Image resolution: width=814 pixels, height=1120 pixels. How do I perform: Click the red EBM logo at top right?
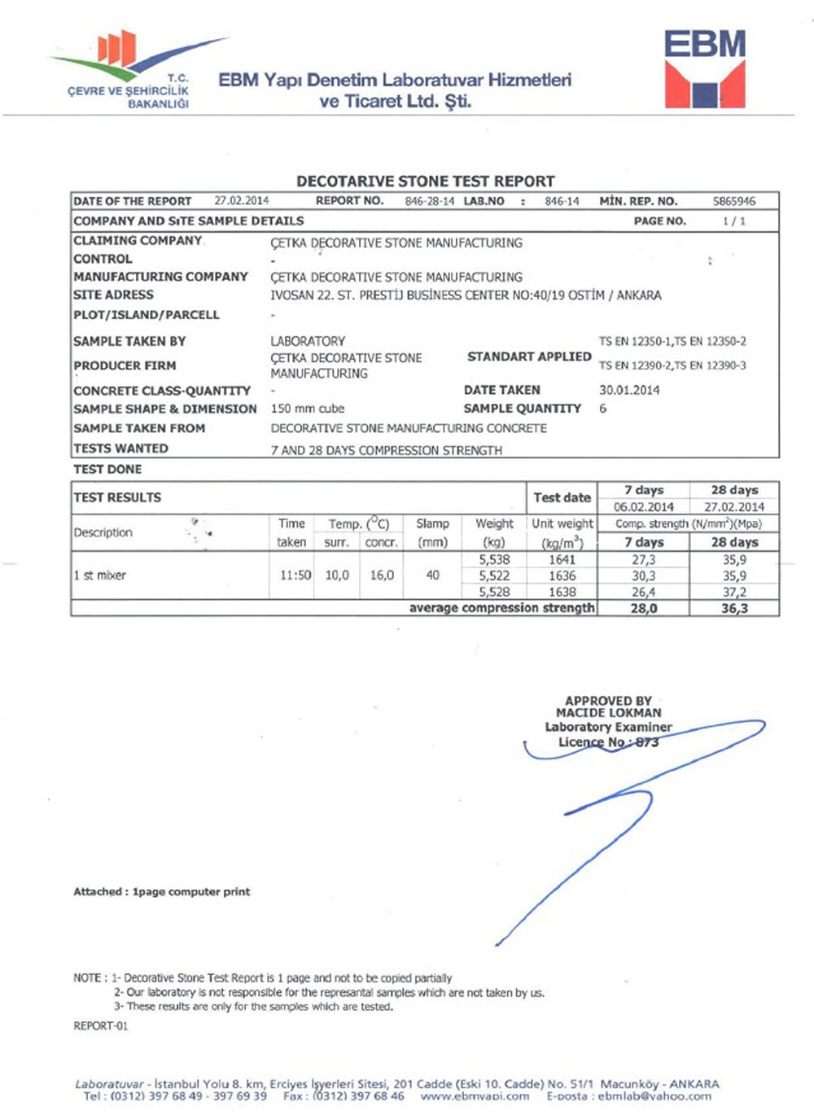704,69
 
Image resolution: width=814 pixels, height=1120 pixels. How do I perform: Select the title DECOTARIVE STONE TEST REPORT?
425,181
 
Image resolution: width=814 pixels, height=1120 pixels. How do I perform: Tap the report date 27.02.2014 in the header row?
241,200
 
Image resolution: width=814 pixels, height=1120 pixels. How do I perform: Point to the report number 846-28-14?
429,201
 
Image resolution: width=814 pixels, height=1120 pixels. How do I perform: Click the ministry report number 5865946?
733,201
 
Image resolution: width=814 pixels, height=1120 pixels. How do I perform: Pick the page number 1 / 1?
733,221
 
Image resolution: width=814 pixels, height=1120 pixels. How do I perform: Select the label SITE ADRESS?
113,295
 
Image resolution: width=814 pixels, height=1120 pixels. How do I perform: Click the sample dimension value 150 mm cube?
307,409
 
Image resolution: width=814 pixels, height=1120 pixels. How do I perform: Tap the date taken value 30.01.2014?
629,390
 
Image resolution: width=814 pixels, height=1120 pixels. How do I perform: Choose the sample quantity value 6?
603,409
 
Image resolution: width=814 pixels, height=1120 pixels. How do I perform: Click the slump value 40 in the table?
432,575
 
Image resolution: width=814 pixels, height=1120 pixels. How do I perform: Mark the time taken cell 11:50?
295,575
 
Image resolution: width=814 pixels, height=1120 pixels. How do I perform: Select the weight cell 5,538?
494,560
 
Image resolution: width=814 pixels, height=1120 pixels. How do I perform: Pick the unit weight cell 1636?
562,575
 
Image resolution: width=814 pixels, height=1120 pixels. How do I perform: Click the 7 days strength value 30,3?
643,575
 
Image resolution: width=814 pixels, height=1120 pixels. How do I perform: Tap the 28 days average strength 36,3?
733,608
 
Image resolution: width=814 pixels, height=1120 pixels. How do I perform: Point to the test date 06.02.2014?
643,506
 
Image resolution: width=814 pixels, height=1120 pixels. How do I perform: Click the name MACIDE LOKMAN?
608,713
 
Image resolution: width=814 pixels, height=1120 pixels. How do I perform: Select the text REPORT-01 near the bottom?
100,1026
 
